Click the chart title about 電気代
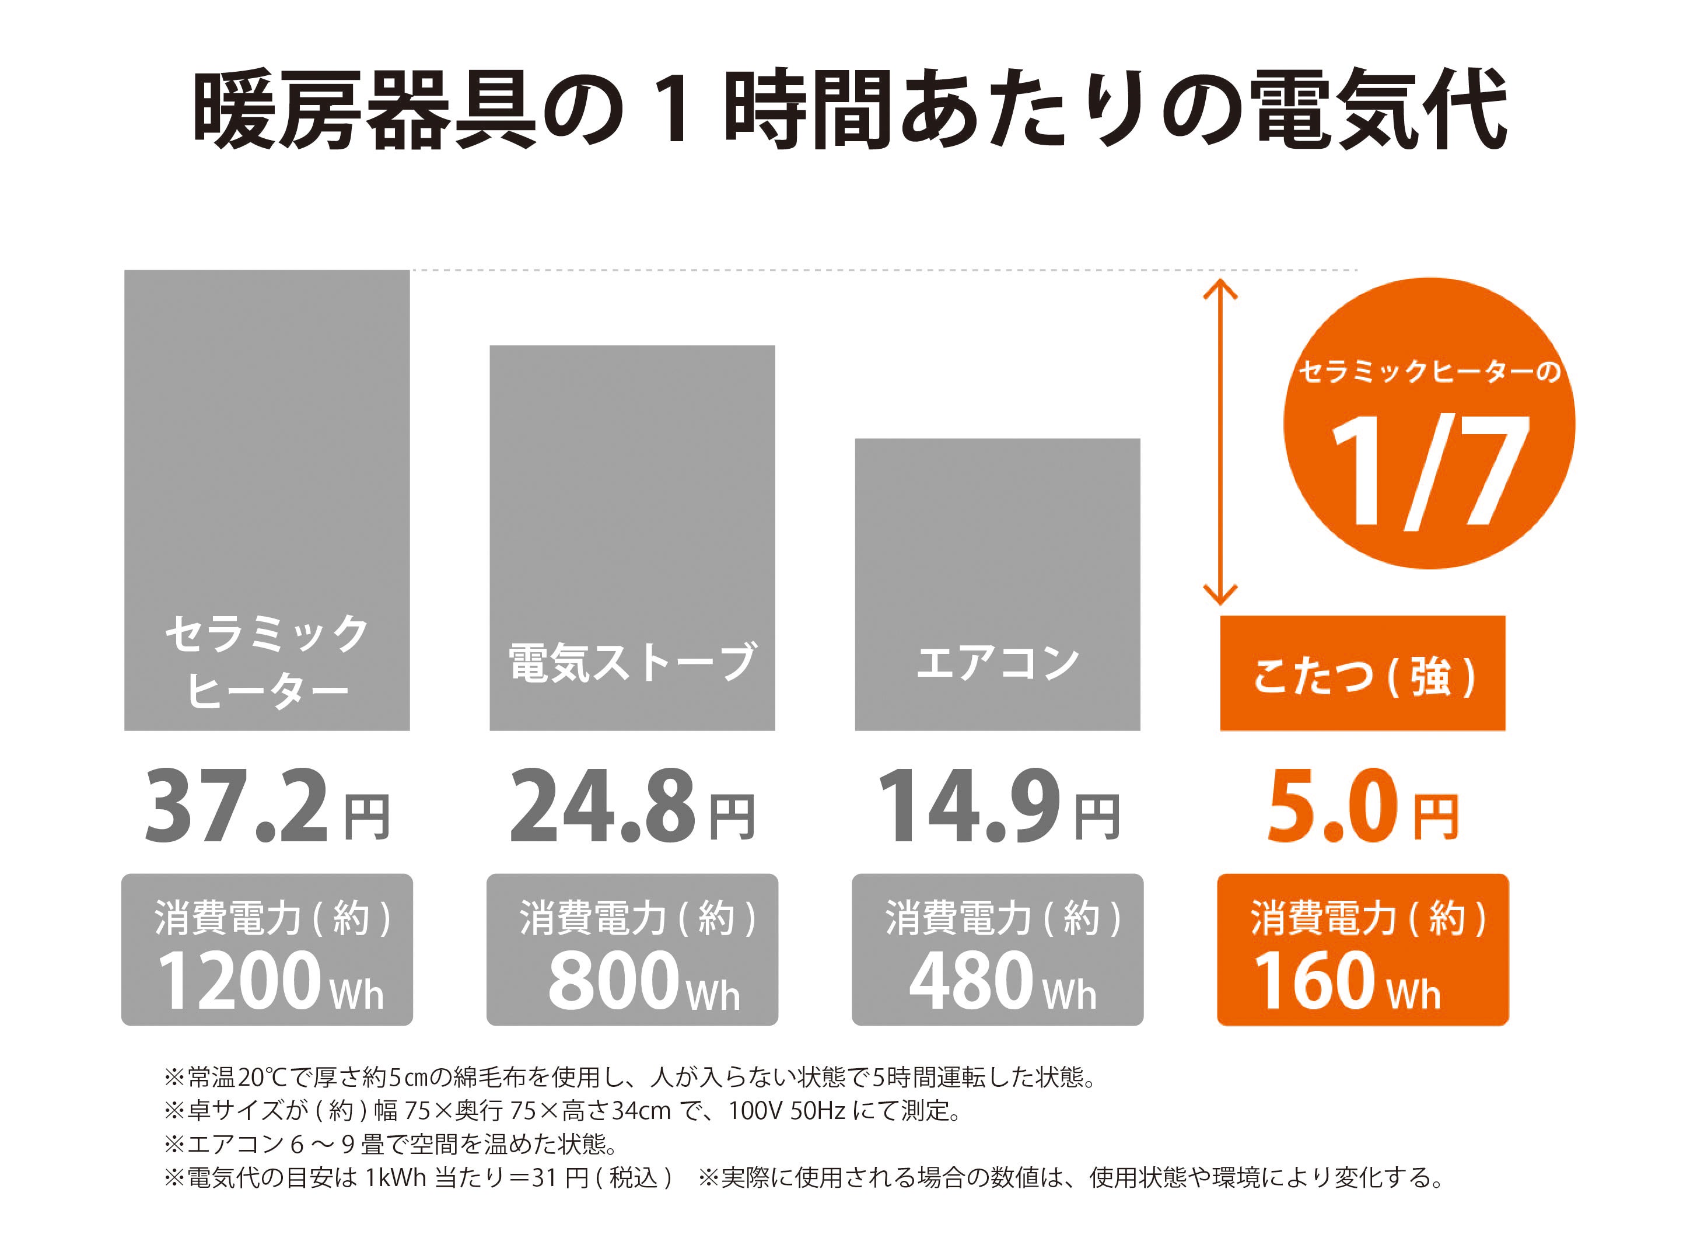tap(849, 109)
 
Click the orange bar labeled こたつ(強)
tap(1362, 673)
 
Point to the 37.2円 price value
tap(267, 806)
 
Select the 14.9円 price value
tap(997, 806)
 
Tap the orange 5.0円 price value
tap(1362, 806)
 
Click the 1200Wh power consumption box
tap(267, 950)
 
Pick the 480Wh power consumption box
tap(997, 950)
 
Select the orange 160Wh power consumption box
tap(1362, 950)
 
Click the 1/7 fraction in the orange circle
tap(1429, 471)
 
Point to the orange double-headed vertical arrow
tap(1220, 442)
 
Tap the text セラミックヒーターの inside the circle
tap(1429, 372)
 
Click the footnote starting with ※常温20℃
tap(629, 1077)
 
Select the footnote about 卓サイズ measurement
tap(561, 1110)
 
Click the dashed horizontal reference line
tap(881, 270)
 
